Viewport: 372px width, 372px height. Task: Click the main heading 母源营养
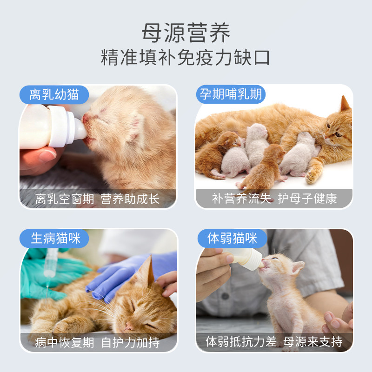point(186,33)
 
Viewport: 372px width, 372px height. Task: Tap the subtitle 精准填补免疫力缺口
point(186,59)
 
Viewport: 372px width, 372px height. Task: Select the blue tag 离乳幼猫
point(54,95)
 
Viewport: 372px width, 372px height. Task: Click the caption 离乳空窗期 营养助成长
point(98,199)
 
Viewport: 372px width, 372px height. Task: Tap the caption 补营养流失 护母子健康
point(274,199)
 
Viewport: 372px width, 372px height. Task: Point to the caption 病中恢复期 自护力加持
point(98,343)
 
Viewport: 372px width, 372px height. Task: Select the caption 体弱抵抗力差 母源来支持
point(274,342)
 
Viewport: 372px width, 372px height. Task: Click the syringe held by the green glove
point(50,263)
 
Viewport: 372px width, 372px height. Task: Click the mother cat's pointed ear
point(345,104)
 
